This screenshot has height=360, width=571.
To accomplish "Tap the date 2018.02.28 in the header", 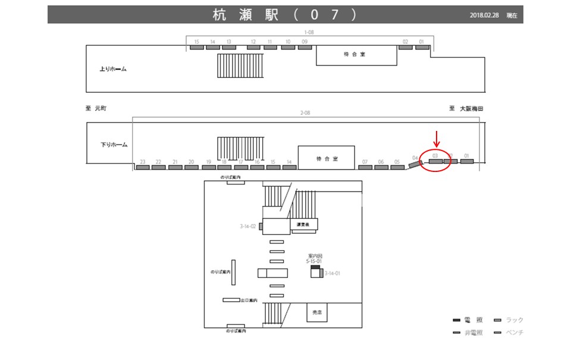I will (485, 15).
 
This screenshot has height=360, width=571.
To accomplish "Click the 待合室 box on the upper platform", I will (356, 55).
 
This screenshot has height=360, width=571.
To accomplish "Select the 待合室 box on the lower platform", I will (327, 158).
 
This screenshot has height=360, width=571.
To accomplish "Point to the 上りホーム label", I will (113, 69).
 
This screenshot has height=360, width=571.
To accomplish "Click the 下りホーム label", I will (114, 145).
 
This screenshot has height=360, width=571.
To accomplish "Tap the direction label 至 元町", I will (96, 109).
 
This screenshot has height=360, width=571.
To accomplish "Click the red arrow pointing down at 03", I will (437, 139).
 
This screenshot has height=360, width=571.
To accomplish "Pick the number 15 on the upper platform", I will (196, 42).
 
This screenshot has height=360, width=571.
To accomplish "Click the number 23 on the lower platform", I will (143, 162).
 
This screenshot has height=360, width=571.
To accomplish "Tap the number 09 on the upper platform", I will (305, 42).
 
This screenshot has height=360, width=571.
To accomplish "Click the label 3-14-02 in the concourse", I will (247, 226).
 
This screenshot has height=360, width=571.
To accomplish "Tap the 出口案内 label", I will (249, 300).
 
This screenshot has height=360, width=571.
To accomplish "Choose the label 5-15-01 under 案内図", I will (314, 261).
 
